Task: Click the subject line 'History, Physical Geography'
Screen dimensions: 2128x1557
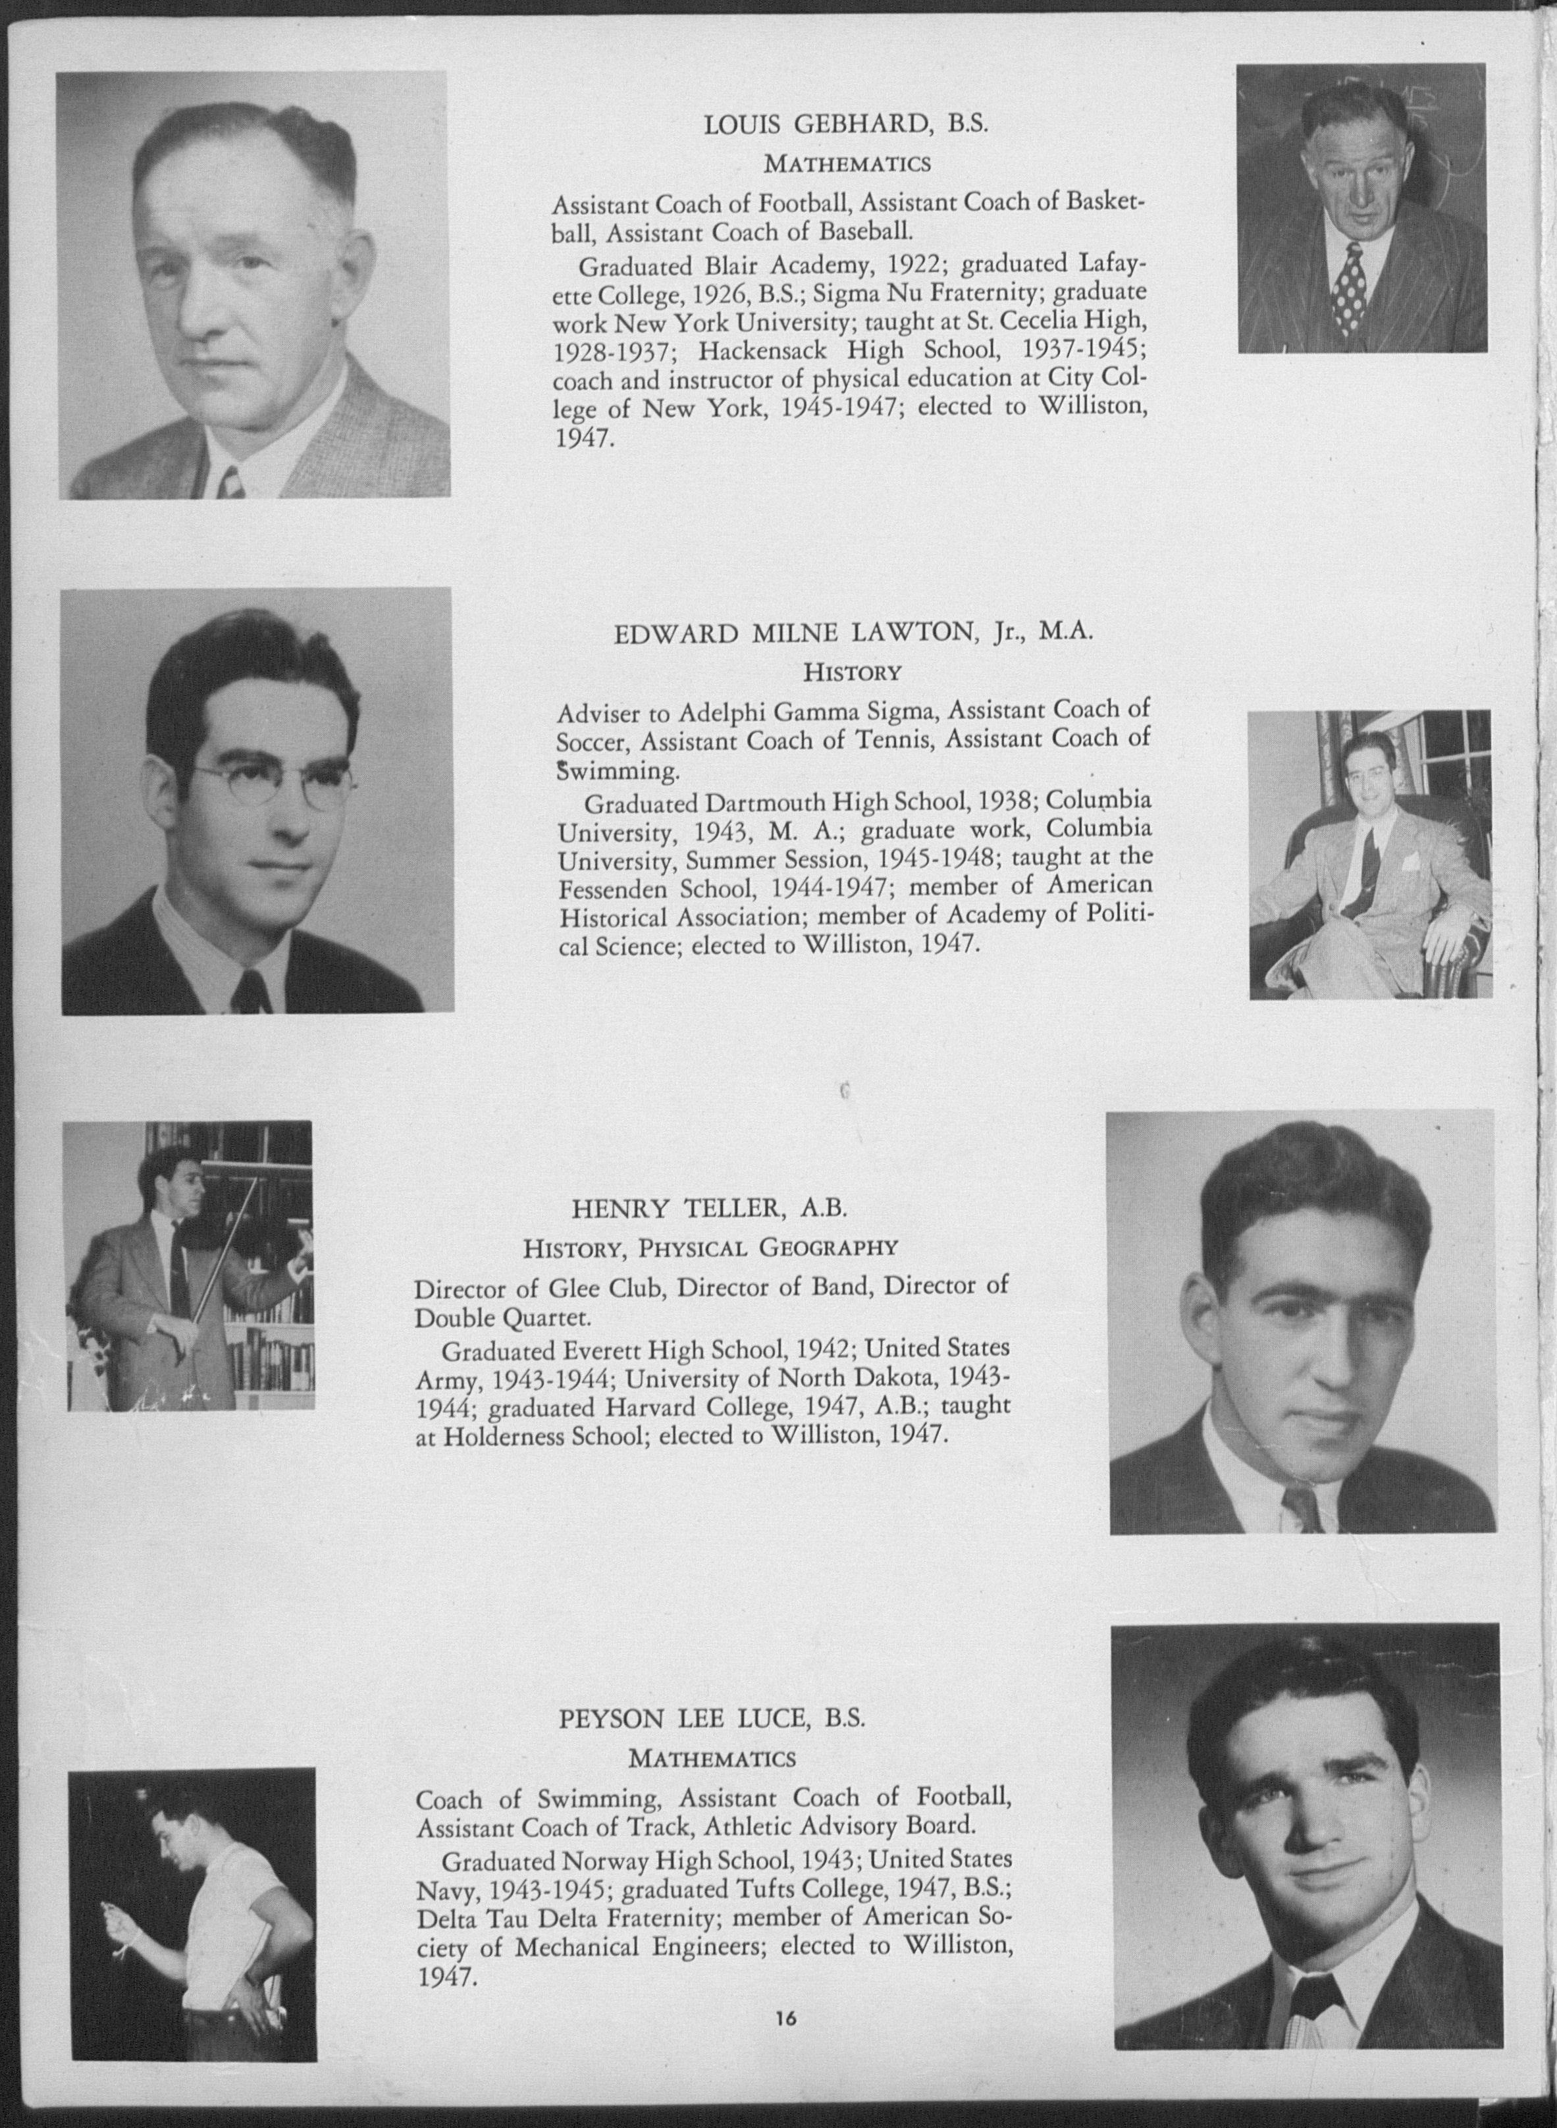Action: pos(710,1248)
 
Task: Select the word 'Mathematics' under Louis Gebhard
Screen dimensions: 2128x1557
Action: pos(847,164)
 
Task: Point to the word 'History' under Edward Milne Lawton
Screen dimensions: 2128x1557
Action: pos(852,673)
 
